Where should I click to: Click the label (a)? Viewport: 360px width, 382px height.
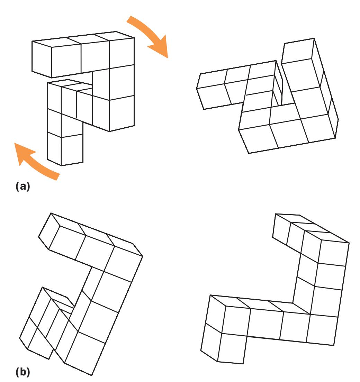point(22,186)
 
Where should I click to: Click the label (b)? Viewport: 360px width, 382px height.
point(22,372)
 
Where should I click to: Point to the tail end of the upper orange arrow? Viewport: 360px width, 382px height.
point(129,19)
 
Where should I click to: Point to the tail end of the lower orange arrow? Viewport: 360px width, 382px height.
point(58,176)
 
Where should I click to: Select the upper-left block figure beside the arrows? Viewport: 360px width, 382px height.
point(83,98)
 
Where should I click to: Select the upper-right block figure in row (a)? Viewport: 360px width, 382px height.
point(267,96)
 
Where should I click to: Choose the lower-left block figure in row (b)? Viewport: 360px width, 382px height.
point(81,294)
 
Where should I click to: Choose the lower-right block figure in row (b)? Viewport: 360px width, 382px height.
point(275,289)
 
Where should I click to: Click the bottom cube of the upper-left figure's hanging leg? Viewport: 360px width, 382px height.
point(65,149)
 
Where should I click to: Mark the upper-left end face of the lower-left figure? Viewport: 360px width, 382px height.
point(49,231)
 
